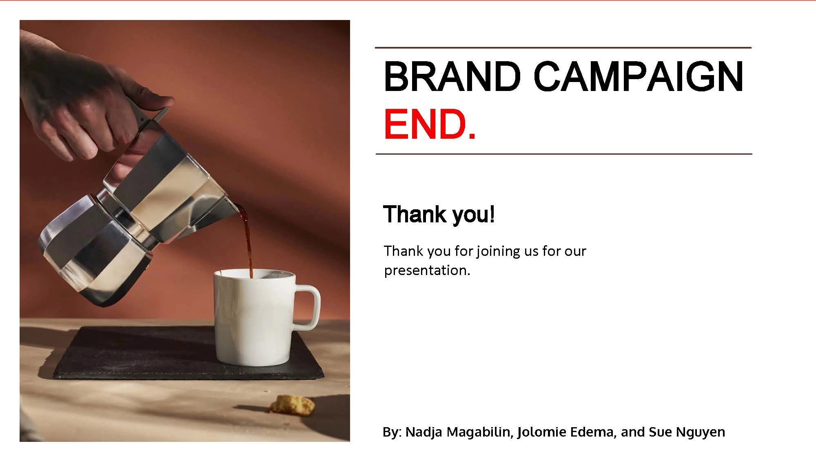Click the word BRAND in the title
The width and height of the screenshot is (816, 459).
452,76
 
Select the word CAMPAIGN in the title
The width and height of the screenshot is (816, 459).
639,76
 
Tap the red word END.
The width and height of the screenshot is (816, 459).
430,124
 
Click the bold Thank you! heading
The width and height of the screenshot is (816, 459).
439,214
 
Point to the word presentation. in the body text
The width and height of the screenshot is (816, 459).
427,271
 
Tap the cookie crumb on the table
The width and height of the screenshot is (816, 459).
293,404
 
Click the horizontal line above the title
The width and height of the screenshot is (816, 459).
563,48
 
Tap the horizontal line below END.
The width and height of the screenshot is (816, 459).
563,154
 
